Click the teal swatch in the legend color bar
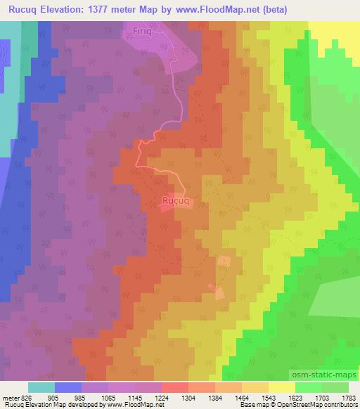tap(41, 387)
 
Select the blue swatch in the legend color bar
tap(67, 387)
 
